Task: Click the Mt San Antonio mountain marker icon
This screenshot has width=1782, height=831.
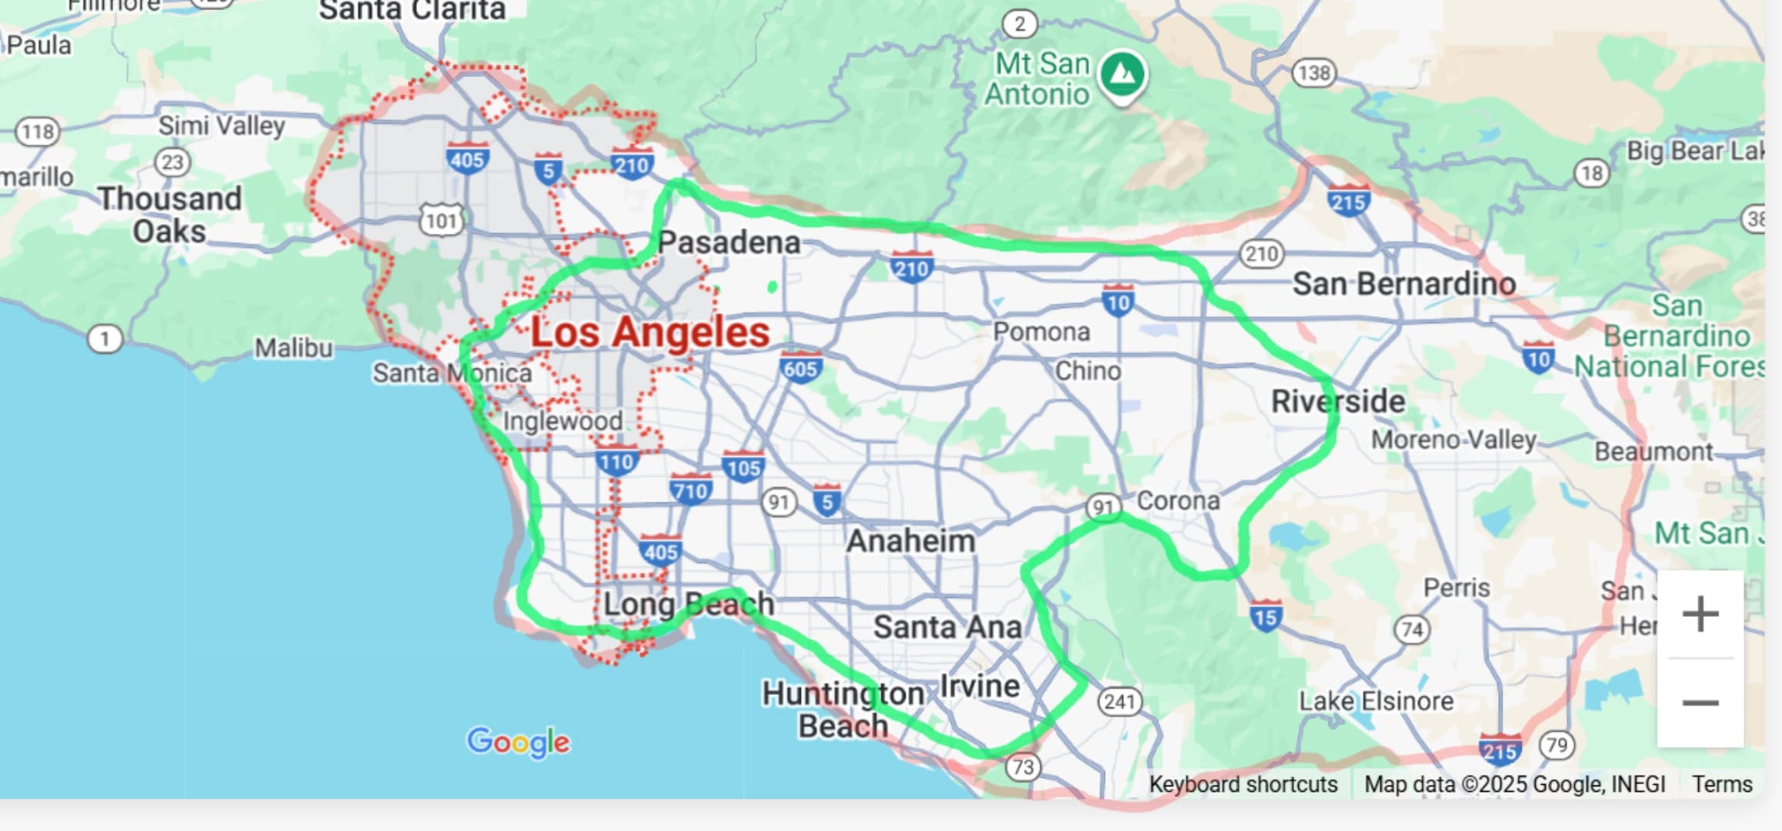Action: pyautogui.click(x=1123, y=75)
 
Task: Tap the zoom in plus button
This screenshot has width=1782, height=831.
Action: pyautogui.click(x=1700, y=614)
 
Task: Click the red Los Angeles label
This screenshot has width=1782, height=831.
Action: pyautogui.click(x=649, y=332)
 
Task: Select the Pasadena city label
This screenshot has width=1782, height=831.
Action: pyautogui.click(x=729, y=242)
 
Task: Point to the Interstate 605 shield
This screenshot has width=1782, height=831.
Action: pyautogui.click(x=800, y=367)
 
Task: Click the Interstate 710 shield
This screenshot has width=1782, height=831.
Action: pyautogui.click(x=690, y=489)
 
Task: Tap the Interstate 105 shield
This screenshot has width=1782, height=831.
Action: pyautogui.click(x=742, y=466)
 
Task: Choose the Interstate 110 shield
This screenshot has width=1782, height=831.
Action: pyautogui.click(x=616, y=460)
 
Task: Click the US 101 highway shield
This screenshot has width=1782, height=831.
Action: pyautogui.click(x=442, y=220)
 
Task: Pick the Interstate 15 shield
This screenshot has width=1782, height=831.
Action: pyautogui.click(x=1265, y=616)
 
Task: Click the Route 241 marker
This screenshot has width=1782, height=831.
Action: pyautogui.click(x=1119, y=701)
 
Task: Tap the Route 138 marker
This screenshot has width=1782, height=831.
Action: pyautogui.click(x=1313, y=73)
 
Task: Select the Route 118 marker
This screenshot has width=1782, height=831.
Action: pyautogui.click(x=38, y=132)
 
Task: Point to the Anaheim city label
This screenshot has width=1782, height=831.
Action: pyautogui.click(x=910, y=541)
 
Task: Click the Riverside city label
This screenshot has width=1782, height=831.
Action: pyautogui.click(x=1337, y=401)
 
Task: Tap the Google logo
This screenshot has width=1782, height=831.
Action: pyautogui.click(x=519, y=742)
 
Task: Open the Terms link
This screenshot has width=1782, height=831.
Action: pyautogui.click(x=1721, y=784)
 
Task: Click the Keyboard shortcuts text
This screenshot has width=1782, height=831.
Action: pyautogui.click(x=1243, y=784)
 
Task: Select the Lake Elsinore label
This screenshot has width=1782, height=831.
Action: pyautogui.click(x=1376, y=701)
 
